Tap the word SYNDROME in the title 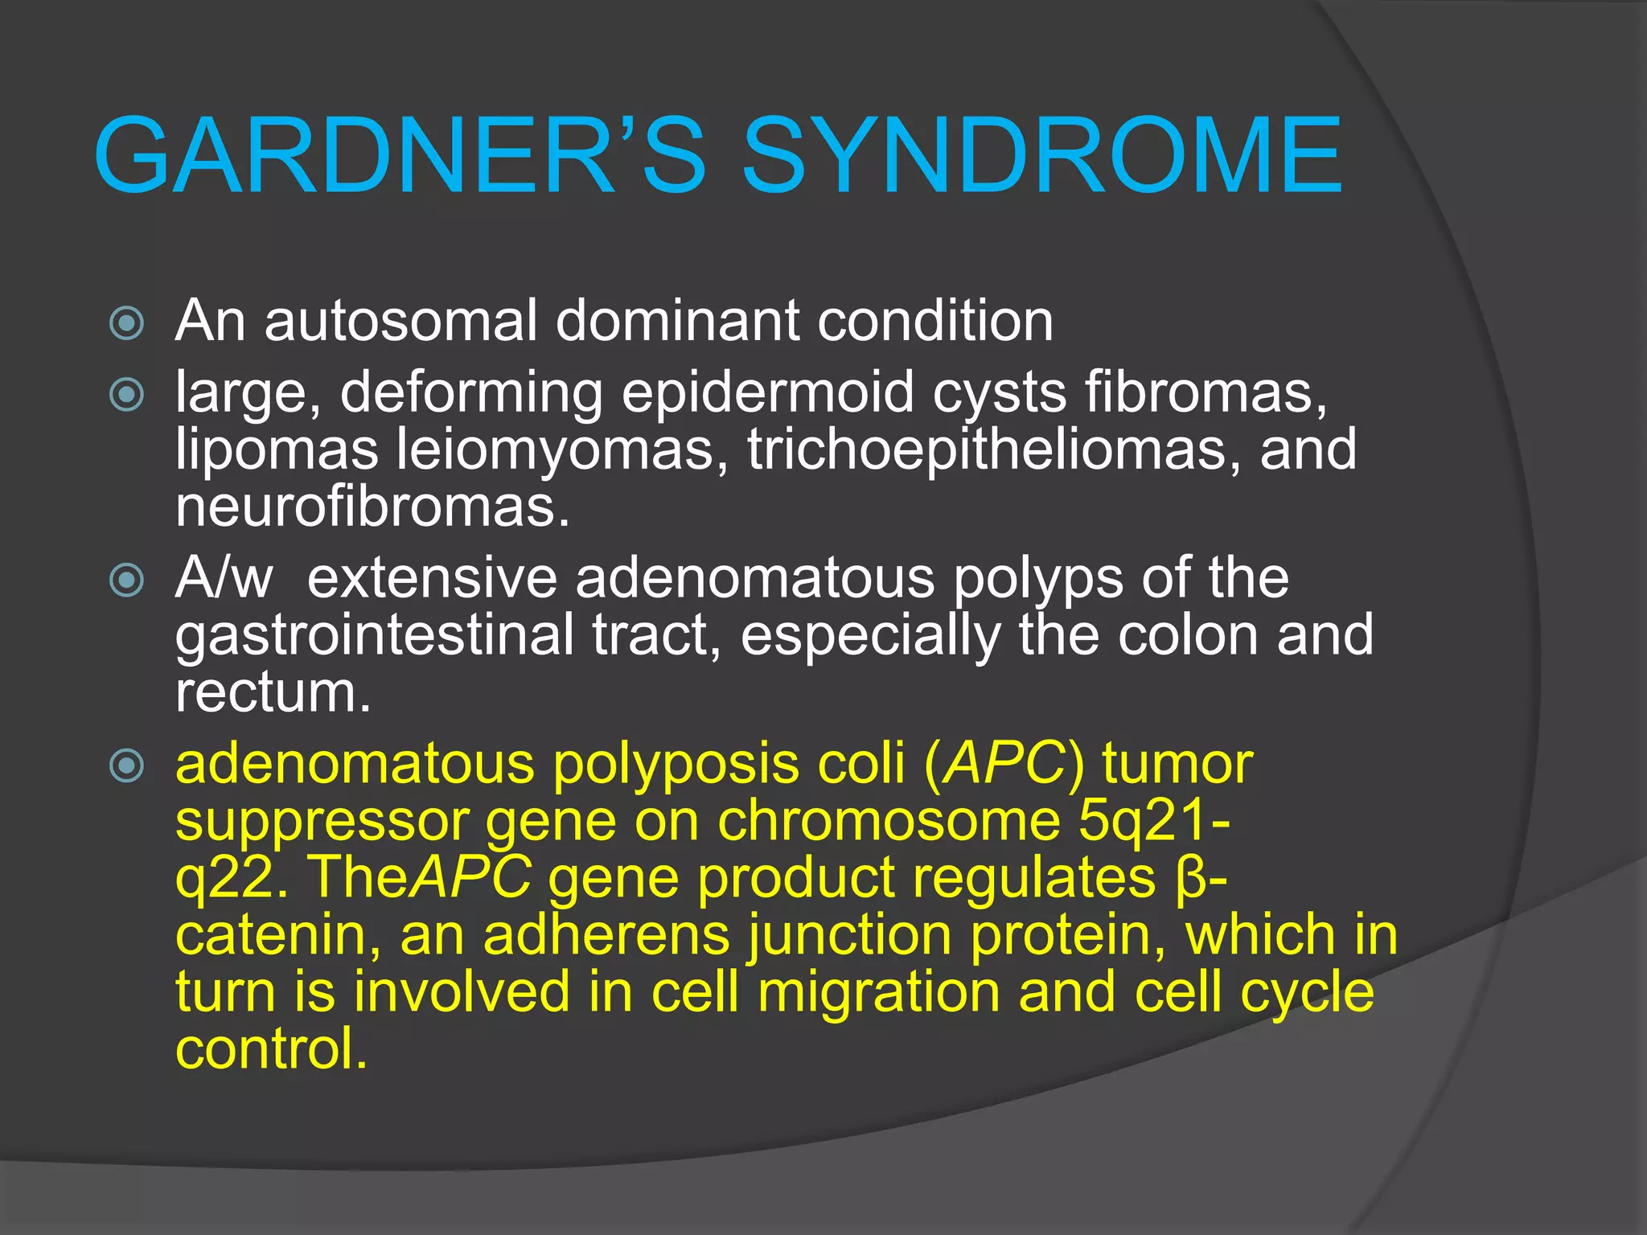tap(1041, 155)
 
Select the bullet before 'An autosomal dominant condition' tap(127, 323)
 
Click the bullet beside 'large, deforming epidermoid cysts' tap(127, 394)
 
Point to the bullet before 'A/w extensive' tap(127, 580)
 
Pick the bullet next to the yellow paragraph tap(127, 765)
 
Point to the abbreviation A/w tap(224, 578)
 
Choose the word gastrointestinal tap(375, 635)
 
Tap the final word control tap(272, 1049)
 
